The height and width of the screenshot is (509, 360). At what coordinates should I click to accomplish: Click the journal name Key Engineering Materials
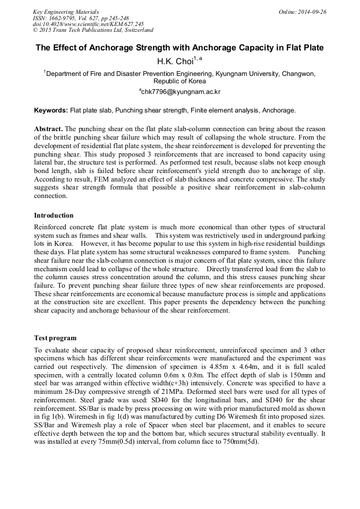[65, 12]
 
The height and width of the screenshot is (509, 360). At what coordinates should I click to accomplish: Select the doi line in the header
[88, 24]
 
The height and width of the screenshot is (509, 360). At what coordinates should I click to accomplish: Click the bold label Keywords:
[51, 110]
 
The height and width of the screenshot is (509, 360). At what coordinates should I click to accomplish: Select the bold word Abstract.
[48, 129]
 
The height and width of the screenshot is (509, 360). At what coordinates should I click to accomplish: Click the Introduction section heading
[54, 215]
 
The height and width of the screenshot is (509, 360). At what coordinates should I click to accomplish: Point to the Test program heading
[55, 338]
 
